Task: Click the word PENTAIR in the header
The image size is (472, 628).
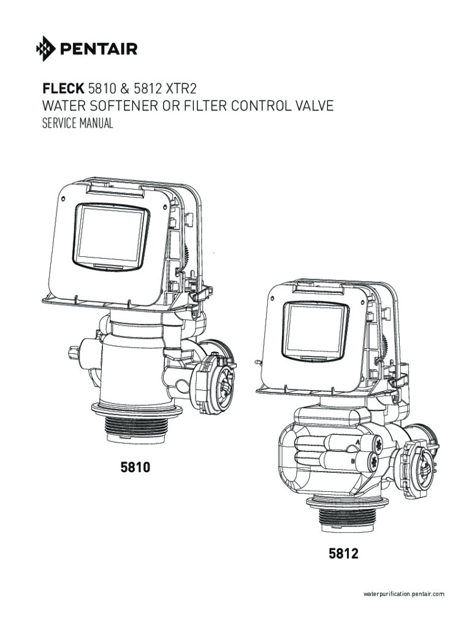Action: coord(98,48)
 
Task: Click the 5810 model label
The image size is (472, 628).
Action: coord(134,469)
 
